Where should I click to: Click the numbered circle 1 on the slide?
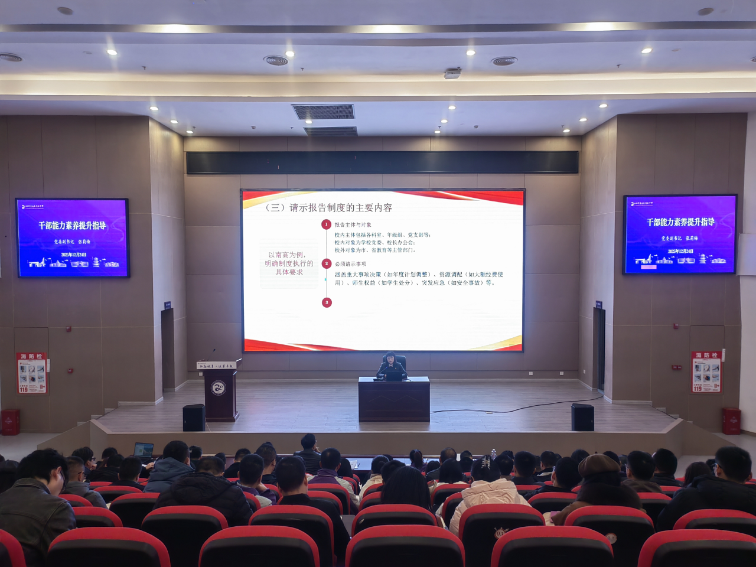point(326,224)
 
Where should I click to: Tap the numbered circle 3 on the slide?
point(327,302)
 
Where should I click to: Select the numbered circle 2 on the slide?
point(327,263)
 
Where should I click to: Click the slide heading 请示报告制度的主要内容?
point(328,207)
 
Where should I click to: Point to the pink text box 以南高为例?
point(289,263)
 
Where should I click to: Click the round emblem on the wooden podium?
point(219,388)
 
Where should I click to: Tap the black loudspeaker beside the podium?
point(194,418)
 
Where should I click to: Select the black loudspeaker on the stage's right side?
point(582,417)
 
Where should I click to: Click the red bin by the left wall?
point(10,422)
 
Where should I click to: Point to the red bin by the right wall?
point(731,421)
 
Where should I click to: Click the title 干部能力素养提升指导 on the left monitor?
point(72,226)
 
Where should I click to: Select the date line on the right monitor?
point(680,251)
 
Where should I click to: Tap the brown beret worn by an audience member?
point(598,464)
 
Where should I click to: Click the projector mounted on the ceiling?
point(452,73)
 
